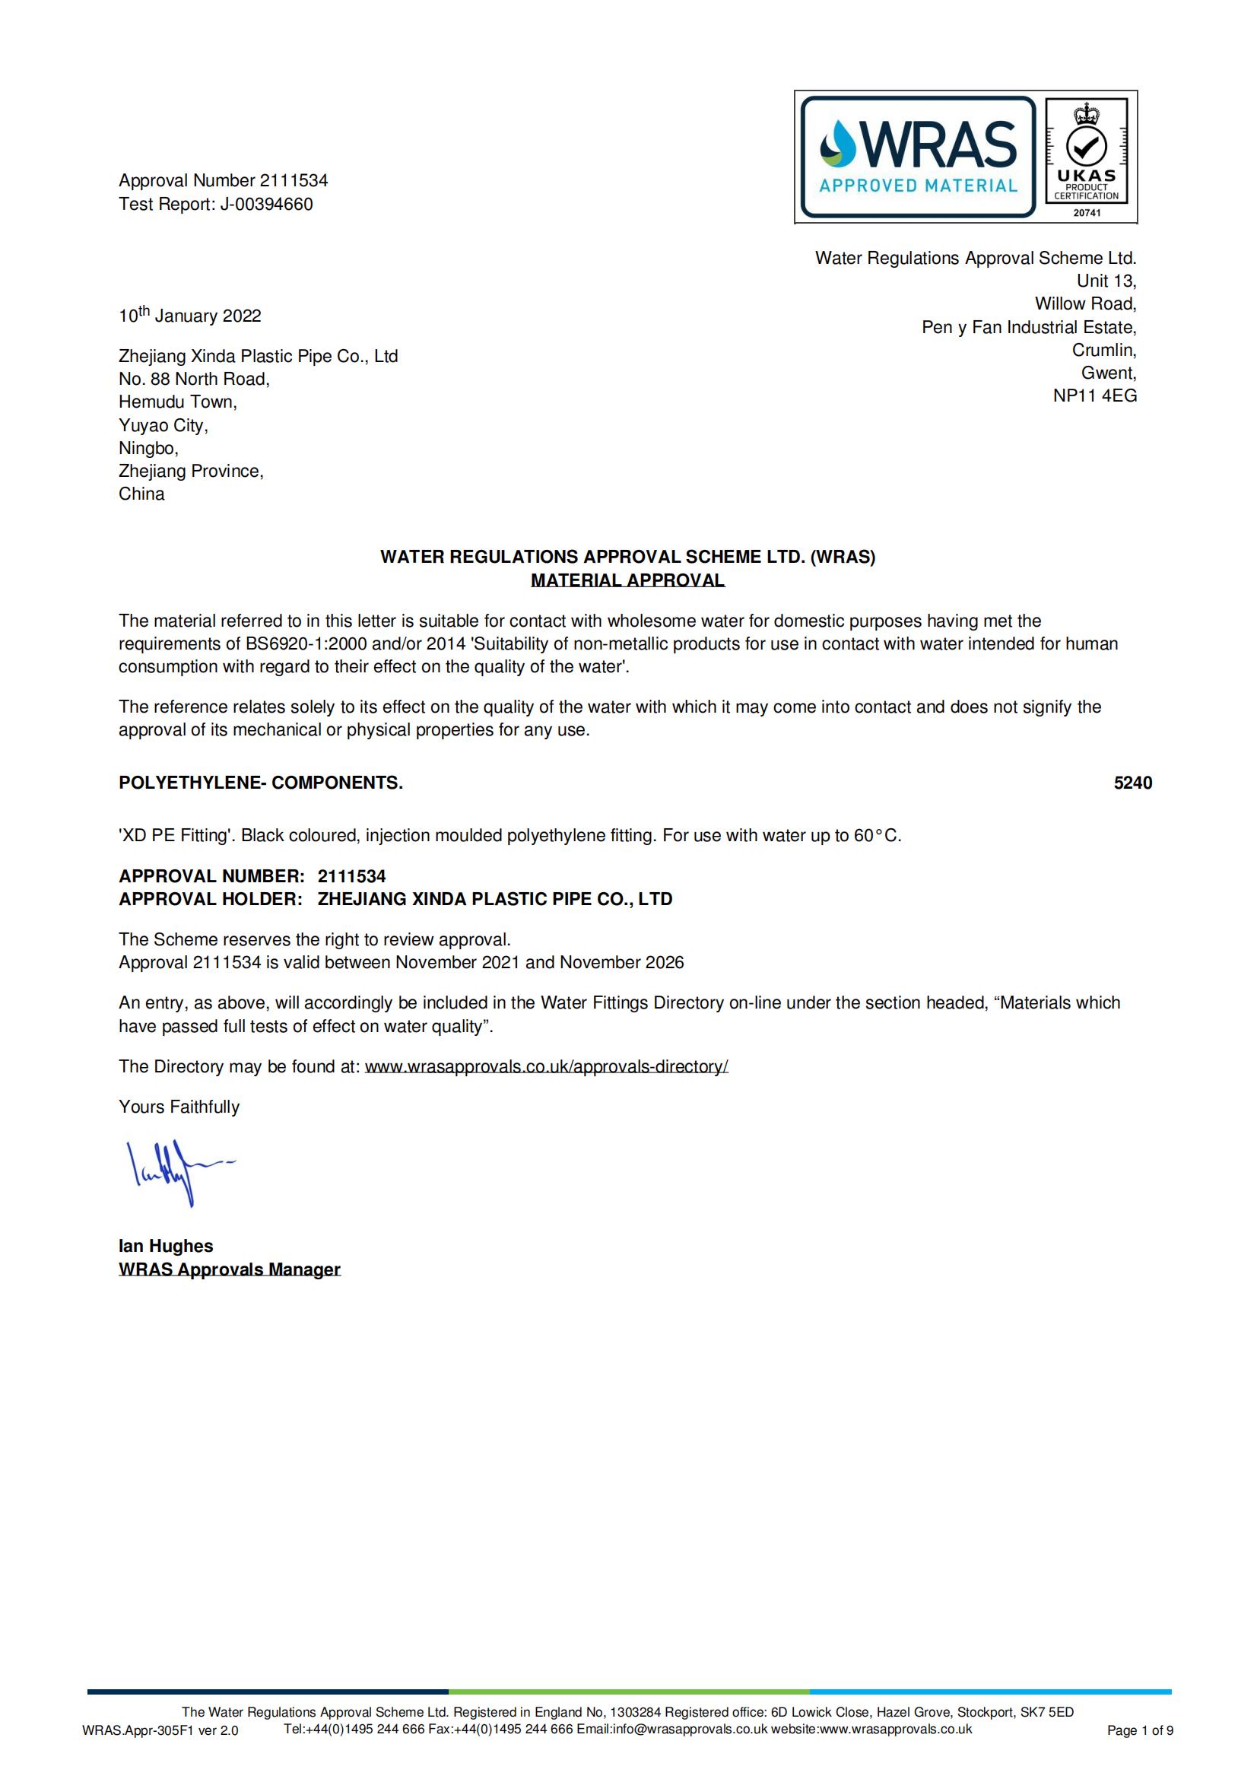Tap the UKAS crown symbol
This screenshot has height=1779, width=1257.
(1086, 115)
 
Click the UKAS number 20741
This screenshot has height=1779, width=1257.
(1086, 212)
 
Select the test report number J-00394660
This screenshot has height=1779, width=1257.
(266, 205)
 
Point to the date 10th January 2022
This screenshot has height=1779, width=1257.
(190, 316)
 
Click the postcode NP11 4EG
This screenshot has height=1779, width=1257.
(1094, 396)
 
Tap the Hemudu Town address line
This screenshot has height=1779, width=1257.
(177, 402)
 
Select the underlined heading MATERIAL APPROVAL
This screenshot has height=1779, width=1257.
(627, 580)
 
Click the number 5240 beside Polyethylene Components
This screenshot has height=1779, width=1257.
(1132, 783)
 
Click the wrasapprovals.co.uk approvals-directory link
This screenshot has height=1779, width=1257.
(546, 1067)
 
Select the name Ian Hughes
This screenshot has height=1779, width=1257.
(166, 1247)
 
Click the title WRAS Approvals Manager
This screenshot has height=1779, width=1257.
(229, 1270)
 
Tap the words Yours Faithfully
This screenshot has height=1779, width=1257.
(179, 1107)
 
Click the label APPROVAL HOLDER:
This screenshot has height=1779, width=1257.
(210, 900)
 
